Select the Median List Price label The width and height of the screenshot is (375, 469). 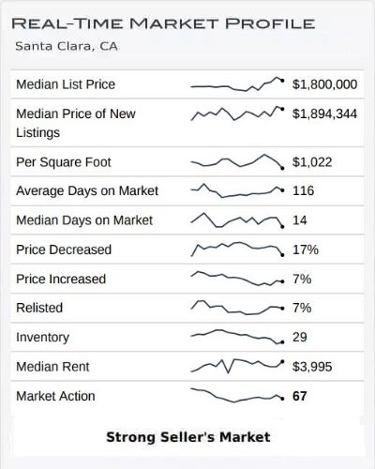pos(66,84)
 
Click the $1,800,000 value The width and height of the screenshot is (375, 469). pos(324,84)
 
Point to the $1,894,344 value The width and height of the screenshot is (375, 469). pos(324,113)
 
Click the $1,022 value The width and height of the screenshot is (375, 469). pos(313,161)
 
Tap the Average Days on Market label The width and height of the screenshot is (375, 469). pos(87,190)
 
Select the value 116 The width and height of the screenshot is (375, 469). pos(303,190)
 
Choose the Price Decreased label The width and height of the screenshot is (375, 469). pos(64,250)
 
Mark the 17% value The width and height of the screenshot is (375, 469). pos(306,250)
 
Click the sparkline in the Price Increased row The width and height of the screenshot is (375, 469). pos(236,279)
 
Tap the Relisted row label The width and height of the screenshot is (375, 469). pos(38,308)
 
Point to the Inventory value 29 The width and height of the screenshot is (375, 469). pos(300,337)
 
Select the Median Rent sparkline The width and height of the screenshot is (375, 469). pos(236,365)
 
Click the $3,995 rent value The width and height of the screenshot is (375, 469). pos(313,367)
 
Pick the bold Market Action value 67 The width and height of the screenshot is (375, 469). pos(300,396)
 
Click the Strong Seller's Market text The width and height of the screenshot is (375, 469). pos(187,436)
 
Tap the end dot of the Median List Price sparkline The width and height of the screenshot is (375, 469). pos(283,82)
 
